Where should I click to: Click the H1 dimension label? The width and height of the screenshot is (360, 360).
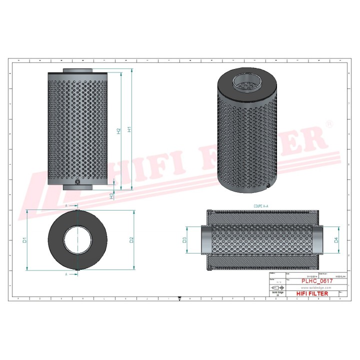coord(129,129)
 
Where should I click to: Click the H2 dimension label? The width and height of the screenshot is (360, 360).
coord(118,131)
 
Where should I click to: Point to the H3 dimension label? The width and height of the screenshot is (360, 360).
coord(111,195)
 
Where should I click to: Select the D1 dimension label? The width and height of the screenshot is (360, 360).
coord(24,240)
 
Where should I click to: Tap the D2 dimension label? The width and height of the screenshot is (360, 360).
coord(131,240)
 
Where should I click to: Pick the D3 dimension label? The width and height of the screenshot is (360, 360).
coord(184,240)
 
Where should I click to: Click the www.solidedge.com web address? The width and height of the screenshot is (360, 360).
coord(313,288)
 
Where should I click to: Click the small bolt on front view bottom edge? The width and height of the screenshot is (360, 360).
coord(78,183)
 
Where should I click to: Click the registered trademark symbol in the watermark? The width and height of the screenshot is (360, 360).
coord(328,123)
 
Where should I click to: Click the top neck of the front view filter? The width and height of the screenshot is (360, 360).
coord(78,70)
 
